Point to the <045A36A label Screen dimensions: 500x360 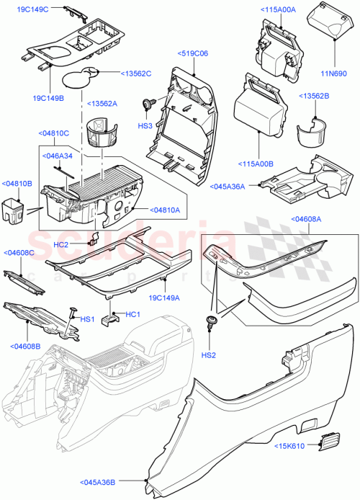(x=229, y=186)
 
